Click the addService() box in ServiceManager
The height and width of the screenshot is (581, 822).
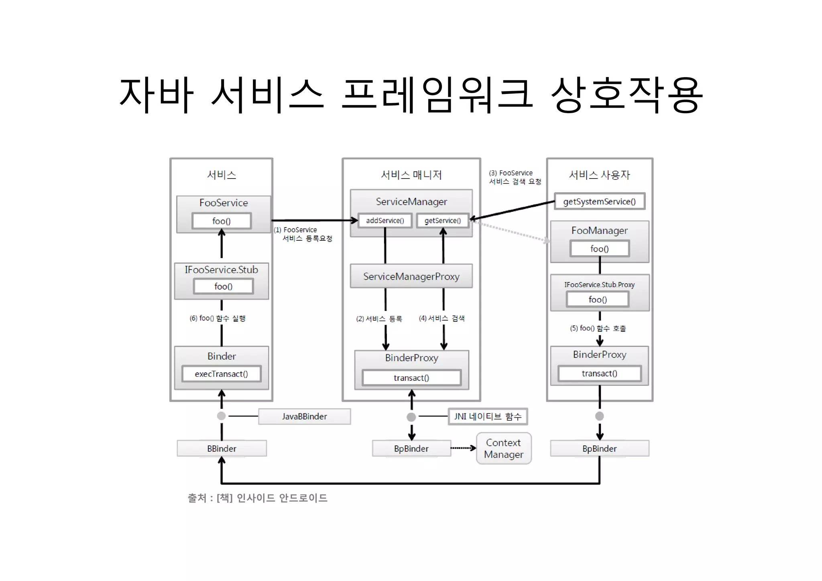point(385,220)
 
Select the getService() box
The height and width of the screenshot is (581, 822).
point(443,220)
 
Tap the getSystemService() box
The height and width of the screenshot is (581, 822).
point(599,201)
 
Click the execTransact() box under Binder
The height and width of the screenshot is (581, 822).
point(221,374)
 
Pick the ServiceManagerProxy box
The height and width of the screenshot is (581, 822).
point(411,276)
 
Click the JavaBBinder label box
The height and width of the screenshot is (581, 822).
point(304,416)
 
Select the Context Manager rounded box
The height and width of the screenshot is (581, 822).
point(504,449)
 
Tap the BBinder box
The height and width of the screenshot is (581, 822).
point(222,449)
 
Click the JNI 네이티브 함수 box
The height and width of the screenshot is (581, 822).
point(488,416)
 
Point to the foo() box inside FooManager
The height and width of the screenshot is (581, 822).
point(599,249)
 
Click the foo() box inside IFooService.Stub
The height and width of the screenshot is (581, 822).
point(223,286)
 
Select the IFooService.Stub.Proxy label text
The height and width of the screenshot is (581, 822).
point(599,284)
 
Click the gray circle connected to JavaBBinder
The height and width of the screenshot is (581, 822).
point(221,416)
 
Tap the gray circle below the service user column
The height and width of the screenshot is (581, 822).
point(599,416)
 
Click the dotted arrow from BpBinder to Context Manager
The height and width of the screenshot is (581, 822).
point(463,448)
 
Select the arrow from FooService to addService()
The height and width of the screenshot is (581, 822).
point(313,220)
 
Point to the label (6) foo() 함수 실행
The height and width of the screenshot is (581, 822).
point(217,318)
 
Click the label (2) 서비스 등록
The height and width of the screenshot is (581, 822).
point(379,319)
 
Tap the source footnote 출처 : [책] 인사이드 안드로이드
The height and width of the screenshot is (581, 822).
point(257,498)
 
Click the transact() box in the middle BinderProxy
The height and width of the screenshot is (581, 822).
point(411,378)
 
